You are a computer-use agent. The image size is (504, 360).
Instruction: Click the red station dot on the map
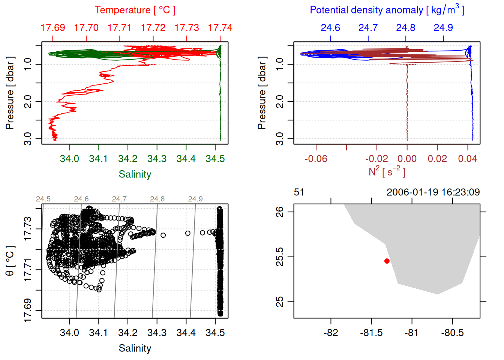387,261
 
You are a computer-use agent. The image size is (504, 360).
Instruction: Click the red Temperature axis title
135,10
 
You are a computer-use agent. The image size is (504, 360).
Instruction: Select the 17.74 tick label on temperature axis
220,28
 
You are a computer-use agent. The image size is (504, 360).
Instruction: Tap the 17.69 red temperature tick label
53,28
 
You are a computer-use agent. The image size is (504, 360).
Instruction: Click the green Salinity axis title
135,174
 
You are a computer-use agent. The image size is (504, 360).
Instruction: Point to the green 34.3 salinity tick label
157,159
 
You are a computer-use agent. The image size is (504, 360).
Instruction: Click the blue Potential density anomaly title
387,10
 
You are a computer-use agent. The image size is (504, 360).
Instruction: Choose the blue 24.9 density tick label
443,28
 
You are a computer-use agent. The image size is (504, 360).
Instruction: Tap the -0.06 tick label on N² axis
316,159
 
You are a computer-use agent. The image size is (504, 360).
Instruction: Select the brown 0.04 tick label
467,159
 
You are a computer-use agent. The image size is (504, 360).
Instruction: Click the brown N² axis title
387,171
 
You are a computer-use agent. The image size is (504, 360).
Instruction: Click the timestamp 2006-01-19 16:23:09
433,192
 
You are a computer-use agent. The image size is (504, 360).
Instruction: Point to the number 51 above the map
299,192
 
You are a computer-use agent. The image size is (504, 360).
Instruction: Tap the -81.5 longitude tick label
371,333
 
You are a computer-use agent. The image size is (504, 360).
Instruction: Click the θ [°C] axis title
10,261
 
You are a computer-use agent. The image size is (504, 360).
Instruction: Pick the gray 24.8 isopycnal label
157,199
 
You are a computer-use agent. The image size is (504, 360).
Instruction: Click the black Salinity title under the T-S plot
135,348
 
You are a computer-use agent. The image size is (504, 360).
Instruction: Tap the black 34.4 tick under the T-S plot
186,333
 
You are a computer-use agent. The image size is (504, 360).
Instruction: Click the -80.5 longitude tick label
452,333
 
